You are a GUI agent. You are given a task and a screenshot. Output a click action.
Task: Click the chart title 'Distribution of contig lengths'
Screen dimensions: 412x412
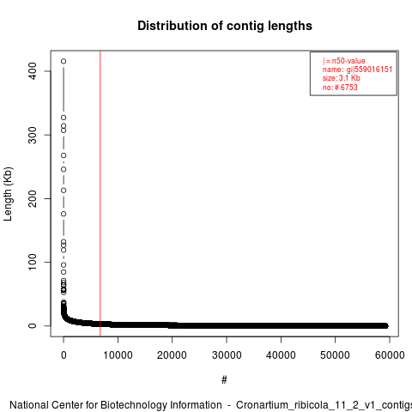click(225, 26)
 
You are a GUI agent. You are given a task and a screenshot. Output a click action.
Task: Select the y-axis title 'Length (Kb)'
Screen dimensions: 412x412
click(8, 194)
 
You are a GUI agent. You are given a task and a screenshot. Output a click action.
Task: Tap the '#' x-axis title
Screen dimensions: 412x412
click(224, 380)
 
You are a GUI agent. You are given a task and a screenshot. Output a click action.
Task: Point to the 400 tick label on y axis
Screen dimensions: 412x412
click(33, 71)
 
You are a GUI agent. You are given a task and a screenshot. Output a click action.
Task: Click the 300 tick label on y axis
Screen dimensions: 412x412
click(33, 135)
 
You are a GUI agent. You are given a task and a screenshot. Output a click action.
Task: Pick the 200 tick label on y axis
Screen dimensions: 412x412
click(33, 198)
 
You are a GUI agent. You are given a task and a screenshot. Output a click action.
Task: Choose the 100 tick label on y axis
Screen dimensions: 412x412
click(33, 262)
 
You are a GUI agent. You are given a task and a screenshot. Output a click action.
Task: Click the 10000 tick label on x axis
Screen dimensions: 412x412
click(118, 355)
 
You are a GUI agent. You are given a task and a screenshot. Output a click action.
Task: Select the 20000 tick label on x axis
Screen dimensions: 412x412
click(172, 355)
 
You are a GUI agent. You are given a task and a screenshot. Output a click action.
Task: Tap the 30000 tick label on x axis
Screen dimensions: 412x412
click(227, 355)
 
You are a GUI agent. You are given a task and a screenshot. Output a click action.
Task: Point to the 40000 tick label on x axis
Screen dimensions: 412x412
click(281, 355)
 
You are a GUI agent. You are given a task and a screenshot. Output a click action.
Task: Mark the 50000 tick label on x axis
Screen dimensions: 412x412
click(335, 355)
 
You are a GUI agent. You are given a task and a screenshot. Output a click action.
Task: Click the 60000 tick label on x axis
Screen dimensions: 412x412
click(390, 355)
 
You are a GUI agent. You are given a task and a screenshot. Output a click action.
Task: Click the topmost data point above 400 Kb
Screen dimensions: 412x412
click(64, 61)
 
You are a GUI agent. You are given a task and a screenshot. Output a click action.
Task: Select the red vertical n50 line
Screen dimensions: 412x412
click(100, 194)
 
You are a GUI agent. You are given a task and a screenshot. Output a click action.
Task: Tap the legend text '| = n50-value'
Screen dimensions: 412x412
click(343, 61)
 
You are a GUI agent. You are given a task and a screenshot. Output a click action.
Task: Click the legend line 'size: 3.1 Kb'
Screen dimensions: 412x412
click(341, 78)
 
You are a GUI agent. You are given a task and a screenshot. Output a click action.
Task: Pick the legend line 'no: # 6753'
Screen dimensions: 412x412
click(340, 87)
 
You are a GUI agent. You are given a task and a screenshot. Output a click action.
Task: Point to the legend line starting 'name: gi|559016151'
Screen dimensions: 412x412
click(357, 70)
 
